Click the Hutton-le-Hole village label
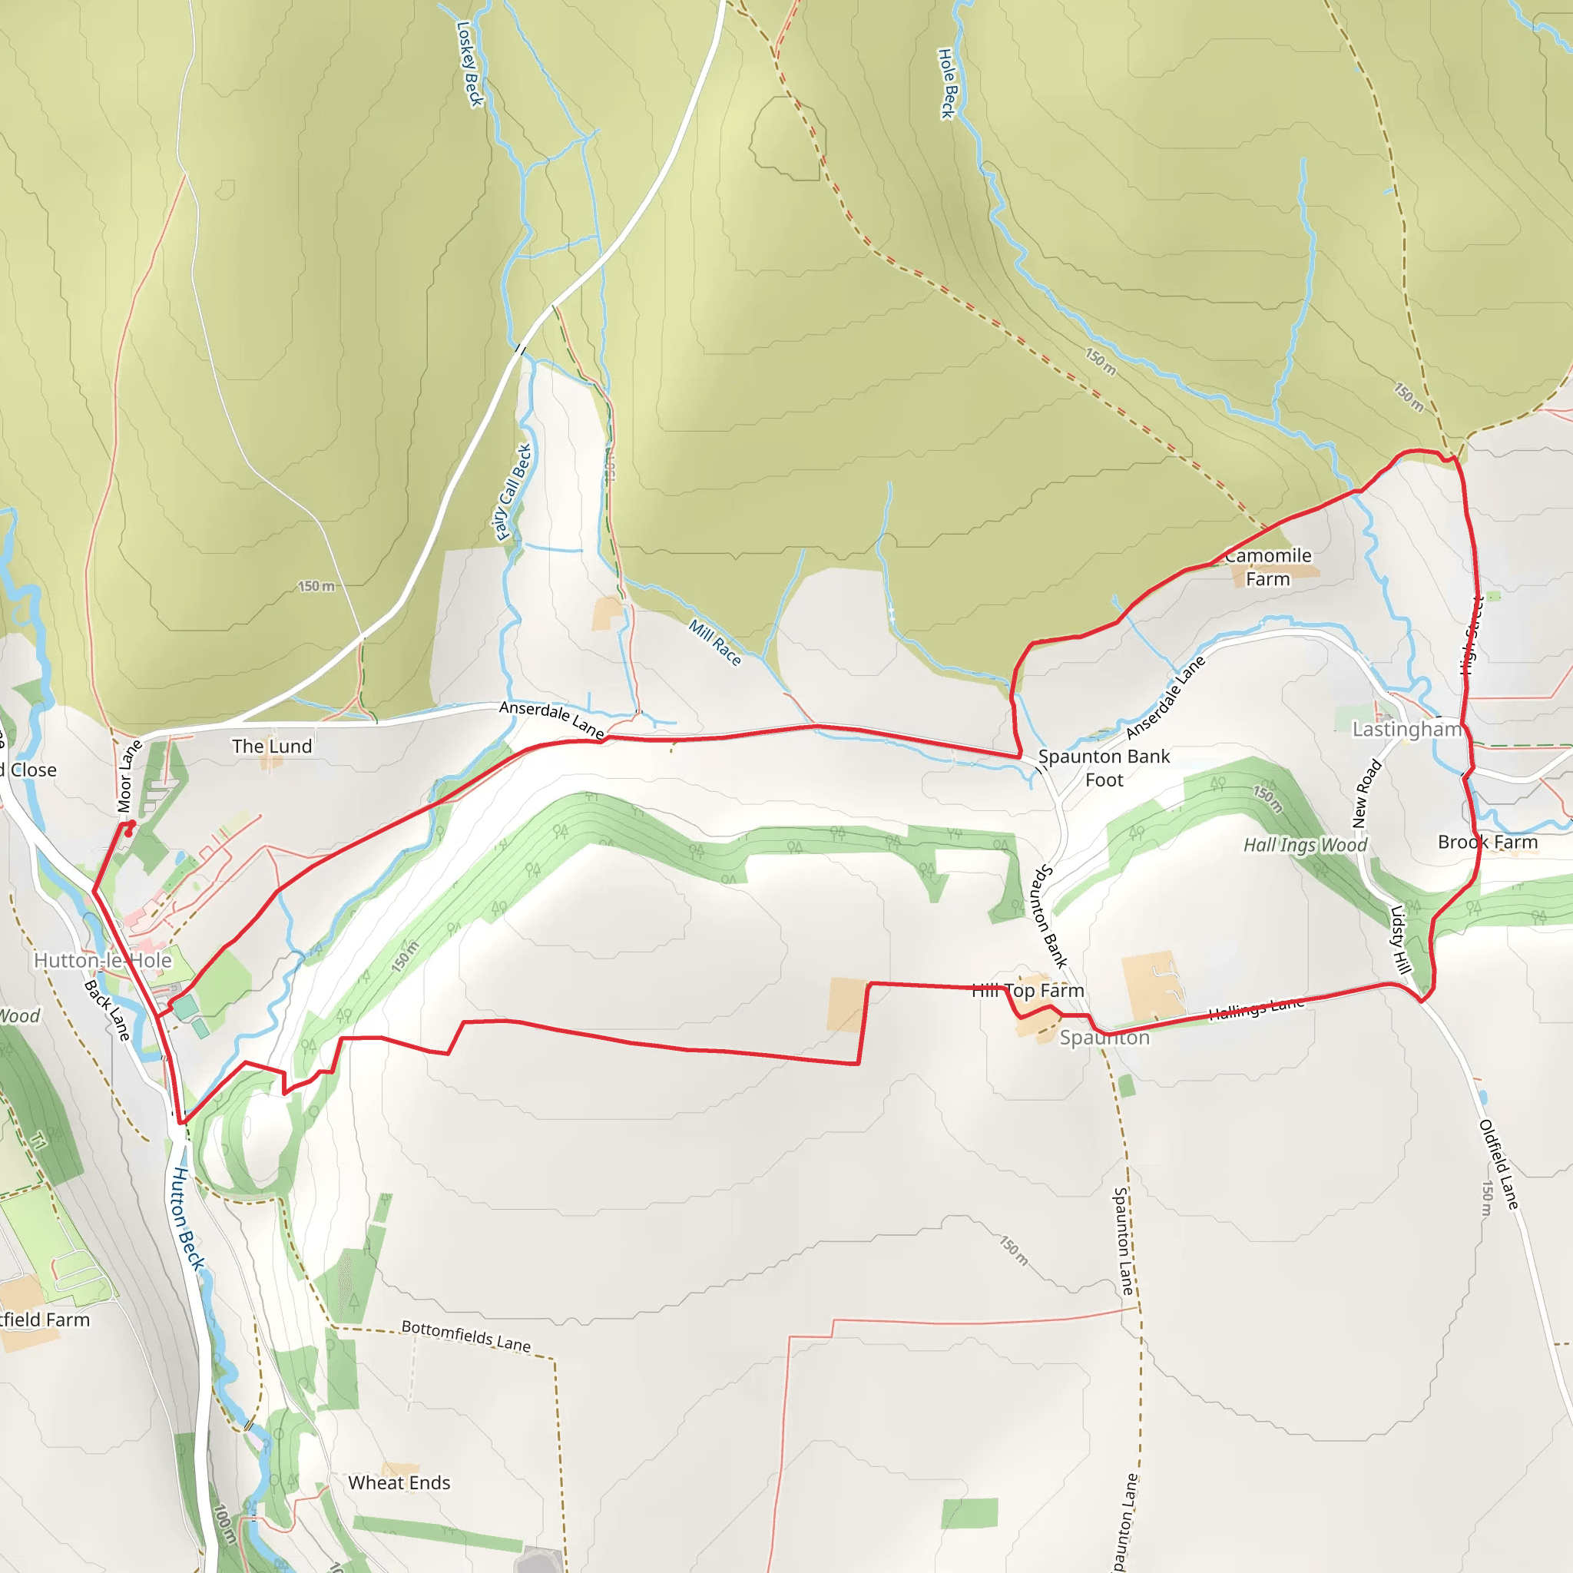coord(103,961)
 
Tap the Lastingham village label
coord(1406,729)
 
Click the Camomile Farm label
coord(1267,567)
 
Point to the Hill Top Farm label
coord(1028,991)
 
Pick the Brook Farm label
coord(1488,842)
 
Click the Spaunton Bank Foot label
coord(1103,768)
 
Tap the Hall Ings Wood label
coord(1305,845)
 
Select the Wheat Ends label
coord(399,1482)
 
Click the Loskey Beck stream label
coord(470,64)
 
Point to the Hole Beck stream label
coord(946,84)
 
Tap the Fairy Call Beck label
coord(513,492)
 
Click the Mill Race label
coord(715,642)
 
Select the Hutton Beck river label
coord(187,1217)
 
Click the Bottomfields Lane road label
coord(465,1336)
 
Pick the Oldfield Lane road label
coord(1498,1164)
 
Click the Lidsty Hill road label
coord(1399,939)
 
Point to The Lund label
coord(272,747)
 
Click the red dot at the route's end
coord(127,833)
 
